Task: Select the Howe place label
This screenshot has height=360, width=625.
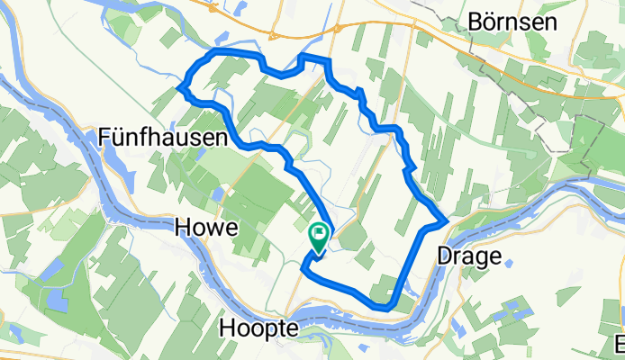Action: tap(208, 229)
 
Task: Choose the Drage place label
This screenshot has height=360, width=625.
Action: tap(468, 256)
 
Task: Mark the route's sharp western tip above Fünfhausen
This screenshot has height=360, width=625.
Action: tap(181, 87)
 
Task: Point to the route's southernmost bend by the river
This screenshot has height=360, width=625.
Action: tap(385, 308)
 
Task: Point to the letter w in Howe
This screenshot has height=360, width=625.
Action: tap(214, 229)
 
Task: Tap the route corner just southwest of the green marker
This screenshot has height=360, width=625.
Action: tap(305, 265)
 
